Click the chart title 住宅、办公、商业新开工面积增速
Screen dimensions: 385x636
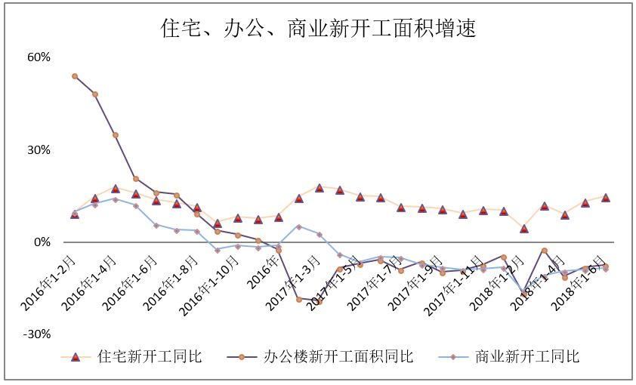click(318, 28)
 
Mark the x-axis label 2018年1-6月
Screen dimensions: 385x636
click(579, 280)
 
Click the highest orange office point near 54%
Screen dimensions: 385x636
click(75, 76)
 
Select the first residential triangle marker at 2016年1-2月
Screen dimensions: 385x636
click(75, 214)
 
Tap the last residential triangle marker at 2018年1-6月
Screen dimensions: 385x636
click(606, 197)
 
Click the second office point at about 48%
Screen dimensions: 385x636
click(95, 94)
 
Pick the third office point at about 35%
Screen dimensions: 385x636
click(116, 135)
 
